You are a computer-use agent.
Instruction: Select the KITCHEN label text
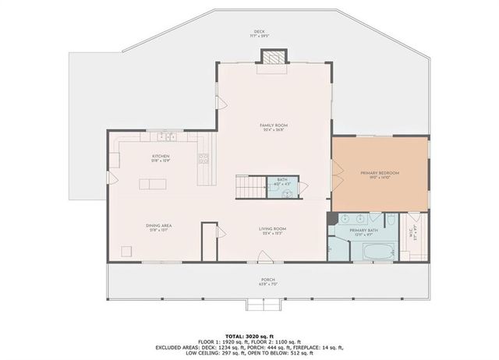coord(161,157)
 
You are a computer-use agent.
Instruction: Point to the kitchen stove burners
coord(203,161)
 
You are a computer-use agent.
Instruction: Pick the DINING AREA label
coord(158,227)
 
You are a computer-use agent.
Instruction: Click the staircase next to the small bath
coord(250,186)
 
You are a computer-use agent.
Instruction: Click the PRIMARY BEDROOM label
coord(380,173)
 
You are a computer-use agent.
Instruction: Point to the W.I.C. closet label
coord(413,230)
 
